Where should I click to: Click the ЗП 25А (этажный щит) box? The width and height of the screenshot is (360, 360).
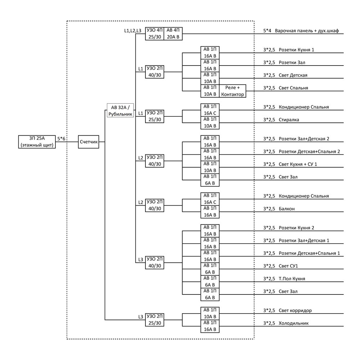[37, 141]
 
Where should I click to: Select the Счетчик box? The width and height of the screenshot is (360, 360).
[89, 141]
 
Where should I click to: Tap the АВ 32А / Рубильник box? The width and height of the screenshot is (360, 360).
[120, 111]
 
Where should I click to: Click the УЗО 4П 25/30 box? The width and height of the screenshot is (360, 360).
[154, 33]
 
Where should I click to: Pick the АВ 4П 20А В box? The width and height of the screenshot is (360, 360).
[173, 33]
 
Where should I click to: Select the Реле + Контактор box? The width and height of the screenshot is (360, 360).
[232, 91]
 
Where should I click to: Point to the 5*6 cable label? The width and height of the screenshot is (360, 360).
[61, 139]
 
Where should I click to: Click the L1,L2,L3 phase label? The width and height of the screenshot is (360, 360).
[133, 31]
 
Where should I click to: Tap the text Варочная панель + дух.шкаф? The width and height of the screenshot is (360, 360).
[307, 31]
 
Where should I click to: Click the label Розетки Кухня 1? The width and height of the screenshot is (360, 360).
[296, 50]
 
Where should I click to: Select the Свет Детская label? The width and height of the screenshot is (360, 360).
[293, 75]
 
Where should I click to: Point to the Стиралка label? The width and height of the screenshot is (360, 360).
[289, 120]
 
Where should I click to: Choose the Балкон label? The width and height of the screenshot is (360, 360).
[287, 209]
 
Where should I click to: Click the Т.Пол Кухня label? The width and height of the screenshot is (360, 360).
[292, 279]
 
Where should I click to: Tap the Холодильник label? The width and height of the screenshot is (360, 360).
[294, 323]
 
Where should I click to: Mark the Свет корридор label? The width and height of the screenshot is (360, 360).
[295, 310]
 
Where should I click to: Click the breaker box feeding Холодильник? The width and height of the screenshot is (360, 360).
[210, 326]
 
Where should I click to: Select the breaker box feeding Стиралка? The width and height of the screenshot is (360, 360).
[210, 123]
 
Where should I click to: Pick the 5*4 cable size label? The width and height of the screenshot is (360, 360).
[267, 31]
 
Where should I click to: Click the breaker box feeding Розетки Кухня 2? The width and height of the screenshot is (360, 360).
[210, 231]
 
